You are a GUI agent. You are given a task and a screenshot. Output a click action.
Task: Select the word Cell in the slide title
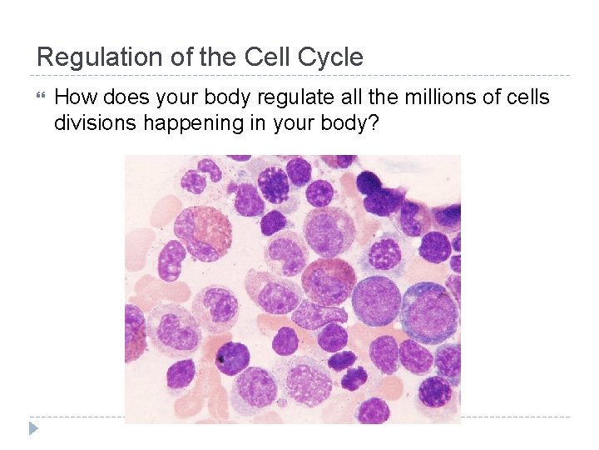point(265,57)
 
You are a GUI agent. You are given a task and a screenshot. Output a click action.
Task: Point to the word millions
point(445,97)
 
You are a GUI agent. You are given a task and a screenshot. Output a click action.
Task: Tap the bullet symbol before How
point(43,97)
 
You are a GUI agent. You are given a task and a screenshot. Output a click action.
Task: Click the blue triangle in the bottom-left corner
point(33,428)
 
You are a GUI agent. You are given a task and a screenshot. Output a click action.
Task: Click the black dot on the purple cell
point(221,359)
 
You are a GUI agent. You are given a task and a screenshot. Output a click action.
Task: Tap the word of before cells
point(496,97)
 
